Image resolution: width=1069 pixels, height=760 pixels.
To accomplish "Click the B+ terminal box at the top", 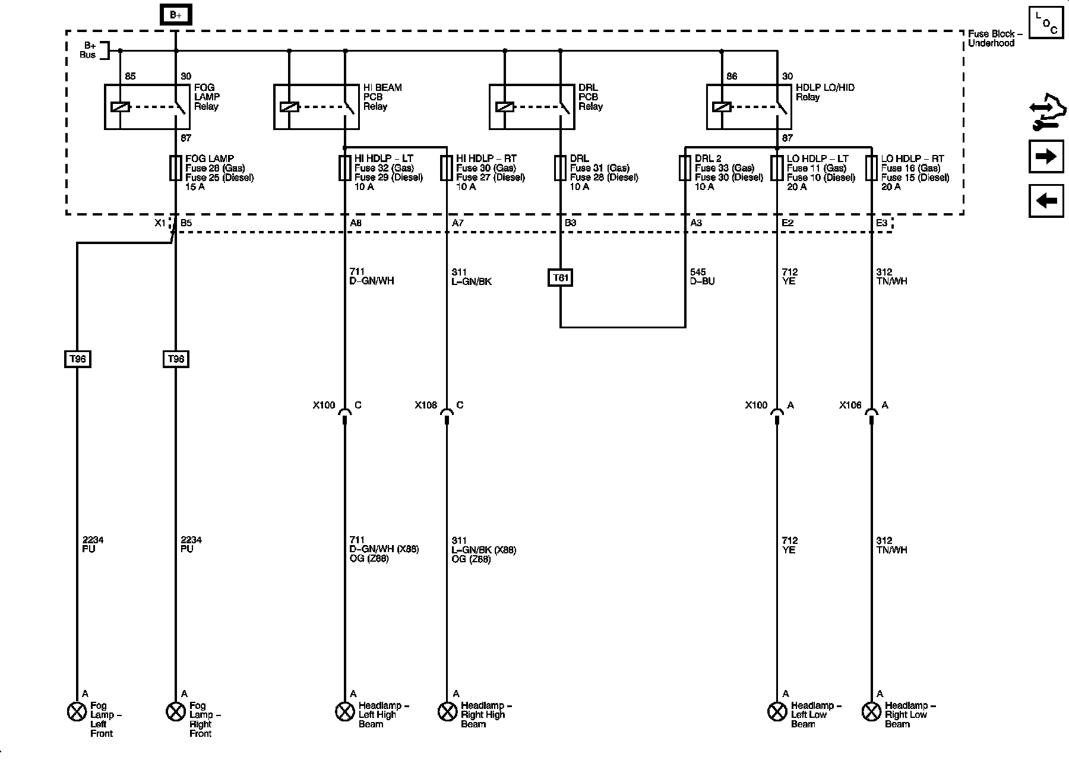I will [175, 15].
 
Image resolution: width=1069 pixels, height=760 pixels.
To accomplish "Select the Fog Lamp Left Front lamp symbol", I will [77, 711].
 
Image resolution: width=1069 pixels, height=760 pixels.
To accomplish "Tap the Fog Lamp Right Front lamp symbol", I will [175, 711].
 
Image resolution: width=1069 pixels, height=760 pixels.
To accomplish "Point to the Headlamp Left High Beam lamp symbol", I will [344, 711].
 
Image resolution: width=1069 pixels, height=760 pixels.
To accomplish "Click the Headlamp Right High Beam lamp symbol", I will [447, 711].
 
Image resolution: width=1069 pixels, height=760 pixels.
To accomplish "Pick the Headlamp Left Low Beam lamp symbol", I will [777, 711].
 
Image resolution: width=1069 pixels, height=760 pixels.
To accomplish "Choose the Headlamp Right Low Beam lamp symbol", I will [871, 711].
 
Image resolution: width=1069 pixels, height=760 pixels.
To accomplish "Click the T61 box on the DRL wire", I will [560, 278].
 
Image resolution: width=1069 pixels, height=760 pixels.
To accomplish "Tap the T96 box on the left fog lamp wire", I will [77, 359].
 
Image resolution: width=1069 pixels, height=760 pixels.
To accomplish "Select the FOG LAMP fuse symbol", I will [175, 168].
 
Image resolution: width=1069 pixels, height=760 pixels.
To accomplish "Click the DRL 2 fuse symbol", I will [685, 168].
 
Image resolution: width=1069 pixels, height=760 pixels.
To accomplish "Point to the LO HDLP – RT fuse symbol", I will [871, 168].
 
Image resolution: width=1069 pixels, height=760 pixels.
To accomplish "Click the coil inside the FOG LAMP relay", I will [120, 107].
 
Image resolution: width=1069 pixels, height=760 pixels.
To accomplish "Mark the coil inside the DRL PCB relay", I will [504, 107].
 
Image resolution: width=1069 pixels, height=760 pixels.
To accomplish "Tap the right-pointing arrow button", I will [1046, 156].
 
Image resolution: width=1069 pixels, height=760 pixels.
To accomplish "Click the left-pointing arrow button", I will [1046, 201].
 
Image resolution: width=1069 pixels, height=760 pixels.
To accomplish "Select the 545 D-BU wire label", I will [702, 277].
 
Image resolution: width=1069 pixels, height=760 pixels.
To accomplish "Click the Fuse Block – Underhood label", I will [995, 39].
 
